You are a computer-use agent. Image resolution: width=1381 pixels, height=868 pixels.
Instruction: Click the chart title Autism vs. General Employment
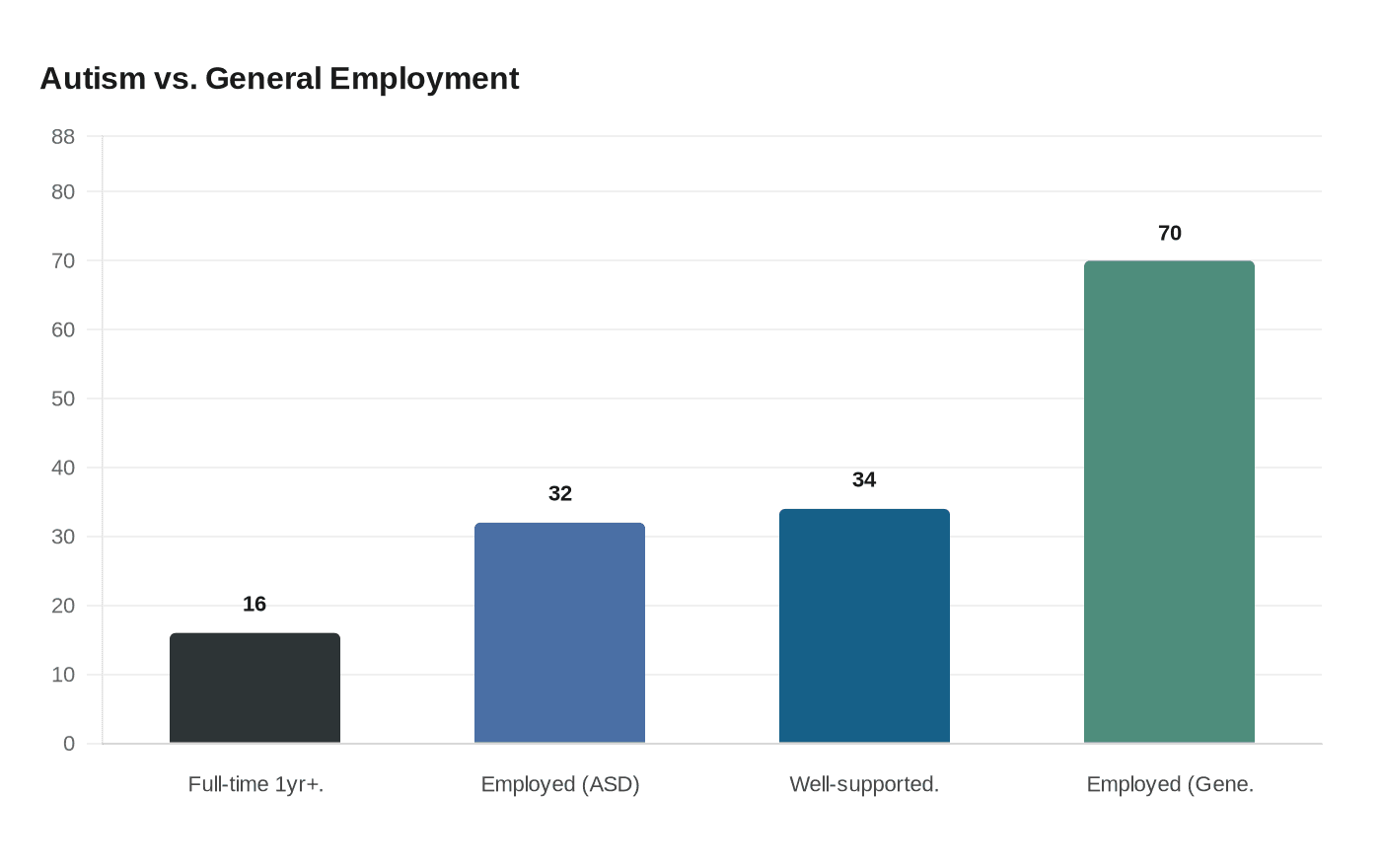point(279,79)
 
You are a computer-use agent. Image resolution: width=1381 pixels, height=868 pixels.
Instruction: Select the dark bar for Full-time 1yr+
point(254,688)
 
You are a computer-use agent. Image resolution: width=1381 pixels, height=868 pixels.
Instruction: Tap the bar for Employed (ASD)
point(559,633)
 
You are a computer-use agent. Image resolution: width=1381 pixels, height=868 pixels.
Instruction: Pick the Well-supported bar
point(864,626)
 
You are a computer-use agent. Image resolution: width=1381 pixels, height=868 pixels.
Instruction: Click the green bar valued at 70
point(1169,502)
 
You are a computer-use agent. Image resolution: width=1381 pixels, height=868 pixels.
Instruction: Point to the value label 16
point(254,604)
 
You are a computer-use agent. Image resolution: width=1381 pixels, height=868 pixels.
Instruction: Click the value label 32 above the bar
point(559,493)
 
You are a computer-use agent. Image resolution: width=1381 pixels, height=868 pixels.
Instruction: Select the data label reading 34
point(864,479)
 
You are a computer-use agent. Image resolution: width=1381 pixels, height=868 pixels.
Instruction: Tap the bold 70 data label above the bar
point(1169,233)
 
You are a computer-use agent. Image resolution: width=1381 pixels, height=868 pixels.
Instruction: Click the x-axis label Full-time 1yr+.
point(255,784)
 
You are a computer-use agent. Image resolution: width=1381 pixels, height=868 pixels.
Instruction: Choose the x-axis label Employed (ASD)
point(560,784)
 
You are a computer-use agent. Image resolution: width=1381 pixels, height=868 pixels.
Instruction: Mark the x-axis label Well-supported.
point(864,784)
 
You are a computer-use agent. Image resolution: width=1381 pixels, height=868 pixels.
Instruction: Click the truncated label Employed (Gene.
point(1170,784)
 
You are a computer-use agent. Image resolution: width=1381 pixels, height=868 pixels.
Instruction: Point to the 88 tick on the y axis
point(63,137)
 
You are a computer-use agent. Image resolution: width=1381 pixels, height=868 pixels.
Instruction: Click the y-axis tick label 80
point(63,192)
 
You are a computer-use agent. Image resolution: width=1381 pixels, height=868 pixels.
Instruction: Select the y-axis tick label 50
point(63,399)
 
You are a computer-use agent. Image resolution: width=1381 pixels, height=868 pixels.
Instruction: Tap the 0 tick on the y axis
point(69,744)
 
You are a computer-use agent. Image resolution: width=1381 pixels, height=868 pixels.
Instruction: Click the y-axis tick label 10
point(63,675)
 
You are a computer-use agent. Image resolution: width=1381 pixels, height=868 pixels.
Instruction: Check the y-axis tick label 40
point(63,468)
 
